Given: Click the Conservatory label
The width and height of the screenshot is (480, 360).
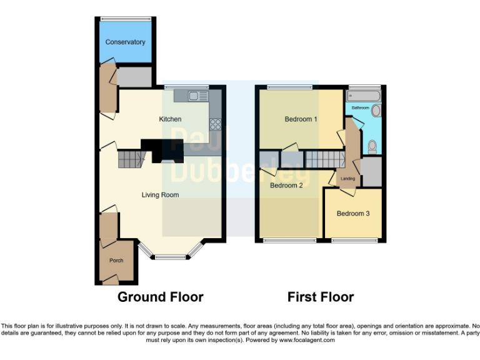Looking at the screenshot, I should pyautogui.click(x=125, y=42).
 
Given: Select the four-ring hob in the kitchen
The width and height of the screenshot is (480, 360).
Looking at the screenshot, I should pyautogui.click(x=216, y=123).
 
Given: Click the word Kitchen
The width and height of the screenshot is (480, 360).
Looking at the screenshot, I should pyautogui.click(x=170, y=119).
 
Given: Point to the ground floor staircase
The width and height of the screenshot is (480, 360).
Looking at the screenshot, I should pyautogui.click(x=130, y=160).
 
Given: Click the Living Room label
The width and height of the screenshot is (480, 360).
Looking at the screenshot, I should pyautogui.click(x=160, y=195).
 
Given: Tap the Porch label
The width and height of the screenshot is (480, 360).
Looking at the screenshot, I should pyautogui.click(x=116, y=261).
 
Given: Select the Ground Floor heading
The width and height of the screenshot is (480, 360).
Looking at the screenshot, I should pyautogui.click(x=161, y=297).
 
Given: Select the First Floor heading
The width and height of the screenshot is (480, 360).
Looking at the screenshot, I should pyautogui.click(x=321, y=297).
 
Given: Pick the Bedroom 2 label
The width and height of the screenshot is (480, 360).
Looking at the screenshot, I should pyautogui.click(x=286, y=185).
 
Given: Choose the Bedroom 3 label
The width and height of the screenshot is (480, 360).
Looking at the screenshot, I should pyautogui.click(x=353, y=214).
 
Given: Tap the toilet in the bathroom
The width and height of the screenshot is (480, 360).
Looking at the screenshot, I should pyautogui.click(x=372, y=146).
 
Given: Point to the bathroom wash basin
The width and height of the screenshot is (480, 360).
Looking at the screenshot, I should pyautogui.click(x=376, y=111).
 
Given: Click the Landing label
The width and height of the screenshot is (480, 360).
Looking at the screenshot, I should pyautogui.click(x=347, y=179).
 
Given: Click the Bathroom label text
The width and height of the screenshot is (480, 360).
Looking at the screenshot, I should pyautogui.click(x=360, y=107).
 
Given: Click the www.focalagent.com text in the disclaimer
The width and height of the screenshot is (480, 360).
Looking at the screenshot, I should pyautogui.click(x=308, y=341).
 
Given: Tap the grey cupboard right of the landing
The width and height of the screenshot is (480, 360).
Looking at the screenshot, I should pyautogui.click(x=372, y=172).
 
